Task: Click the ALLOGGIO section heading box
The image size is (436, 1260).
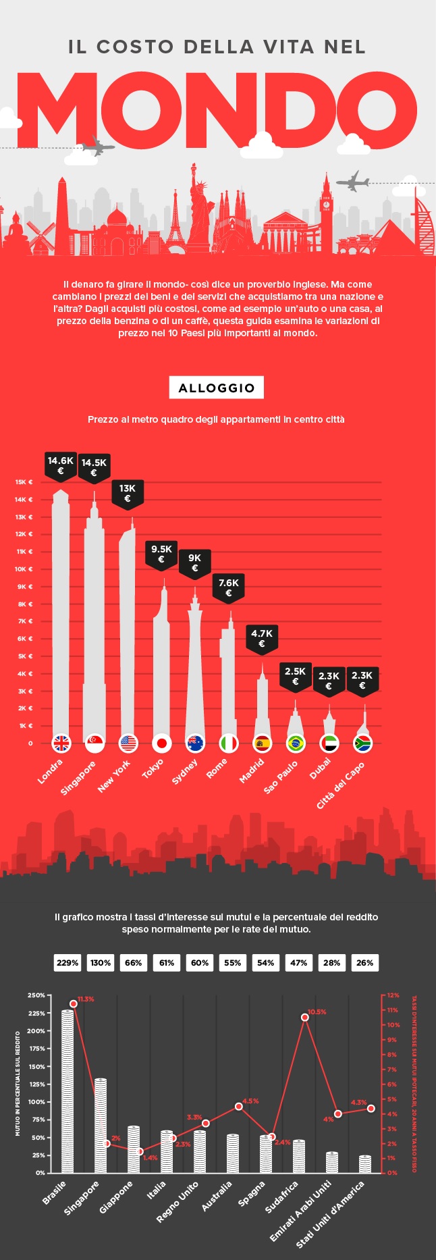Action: (x=216, y=388)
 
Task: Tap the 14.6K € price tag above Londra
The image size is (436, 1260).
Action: (x=61, y=465)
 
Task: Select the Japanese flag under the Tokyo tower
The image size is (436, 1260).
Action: (x=161, y=743)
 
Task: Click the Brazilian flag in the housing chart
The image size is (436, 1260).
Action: (x=295, y=743)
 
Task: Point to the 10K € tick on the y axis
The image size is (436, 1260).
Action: (x=24, y=569)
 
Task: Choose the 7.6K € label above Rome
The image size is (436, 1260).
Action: (x=228, y=587)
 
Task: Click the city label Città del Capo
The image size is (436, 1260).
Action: (x=341, y=785)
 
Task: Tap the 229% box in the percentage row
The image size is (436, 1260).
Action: (x=67, y=963)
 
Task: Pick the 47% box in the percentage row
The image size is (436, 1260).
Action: (x=298, y=963)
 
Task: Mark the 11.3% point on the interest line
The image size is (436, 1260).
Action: (x=74, y=1003)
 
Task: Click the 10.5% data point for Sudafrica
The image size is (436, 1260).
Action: (x=305, y=1017)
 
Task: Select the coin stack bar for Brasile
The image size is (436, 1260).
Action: (x=67, y=1091)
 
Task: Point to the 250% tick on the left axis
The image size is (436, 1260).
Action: (x=36, y=995)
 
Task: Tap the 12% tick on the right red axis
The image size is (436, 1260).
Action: (x=393, y=995)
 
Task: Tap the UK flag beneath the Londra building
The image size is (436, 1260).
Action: (x=61, y=743)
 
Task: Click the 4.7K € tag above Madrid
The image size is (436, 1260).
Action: (x=262, y=638)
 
